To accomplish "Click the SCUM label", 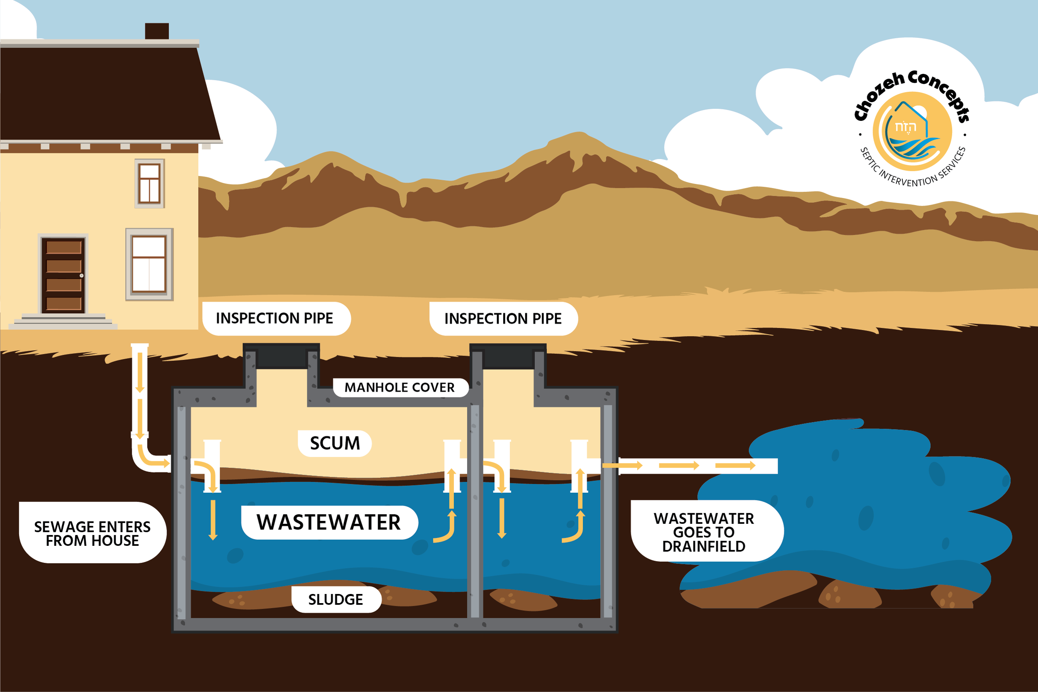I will (x=334, y=443).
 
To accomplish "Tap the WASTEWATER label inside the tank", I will (x=329, y=523).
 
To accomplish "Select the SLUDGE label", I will (x=336, y=599).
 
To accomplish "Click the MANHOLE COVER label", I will (x=400, y=388).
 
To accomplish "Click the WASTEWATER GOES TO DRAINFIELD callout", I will (x=704, y=532).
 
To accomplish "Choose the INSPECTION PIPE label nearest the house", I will (x=275, y=318).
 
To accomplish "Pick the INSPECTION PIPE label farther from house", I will (x=503, y=319).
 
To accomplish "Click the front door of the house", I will (x=64, y=275).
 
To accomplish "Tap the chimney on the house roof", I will (x=157, y=31).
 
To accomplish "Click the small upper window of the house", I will (x=149, y=183).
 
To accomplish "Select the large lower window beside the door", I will (x=149, y=264).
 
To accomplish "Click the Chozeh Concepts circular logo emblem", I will (x=912, y=132).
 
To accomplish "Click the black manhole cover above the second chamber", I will (x=508, y=356).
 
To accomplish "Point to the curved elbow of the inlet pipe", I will (x=146, y=459).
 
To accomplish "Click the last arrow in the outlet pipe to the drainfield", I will (x=735, y=466).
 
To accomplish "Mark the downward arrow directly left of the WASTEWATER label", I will (x=213, y=520).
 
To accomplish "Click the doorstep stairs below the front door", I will (x=63, y=322).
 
